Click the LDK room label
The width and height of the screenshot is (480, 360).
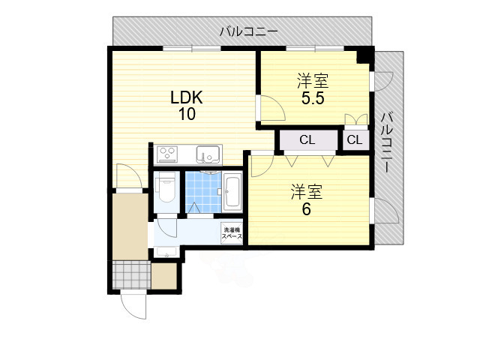tap(187, 97)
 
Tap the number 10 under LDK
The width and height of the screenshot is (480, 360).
tap(187, 115)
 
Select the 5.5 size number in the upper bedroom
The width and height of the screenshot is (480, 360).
tap(312, 98)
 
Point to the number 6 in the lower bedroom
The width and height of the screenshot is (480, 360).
tap(306, 209)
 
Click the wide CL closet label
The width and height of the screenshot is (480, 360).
tap(307, 140)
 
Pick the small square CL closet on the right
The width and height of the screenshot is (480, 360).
tap(355, 140)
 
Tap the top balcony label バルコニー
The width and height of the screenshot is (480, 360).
tap(249, 32)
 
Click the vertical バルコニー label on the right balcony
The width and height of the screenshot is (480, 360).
tap(387, 142)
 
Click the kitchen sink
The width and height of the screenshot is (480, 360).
tap(207, 155)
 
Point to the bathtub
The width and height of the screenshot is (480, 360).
tap(232, 193)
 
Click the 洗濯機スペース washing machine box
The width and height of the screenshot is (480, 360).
tap(232, 233)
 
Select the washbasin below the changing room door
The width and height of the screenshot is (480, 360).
tap(167, 252)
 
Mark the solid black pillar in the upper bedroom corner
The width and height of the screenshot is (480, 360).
tap(364, 55)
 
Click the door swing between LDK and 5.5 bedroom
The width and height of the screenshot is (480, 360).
tap(271, 109)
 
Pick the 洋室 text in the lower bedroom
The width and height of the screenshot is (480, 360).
tap(306, 192)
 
